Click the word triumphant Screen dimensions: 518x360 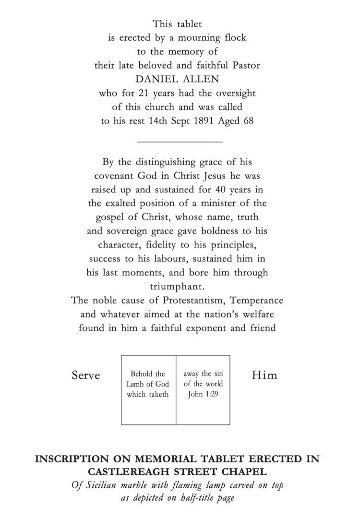[x=180, y=287]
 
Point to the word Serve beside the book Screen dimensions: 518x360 [x=86, y=375]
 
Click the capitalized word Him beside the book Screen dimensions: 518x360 [x=264, y=375]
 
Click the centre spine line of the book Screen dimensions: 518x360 [x=176, y=390]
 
